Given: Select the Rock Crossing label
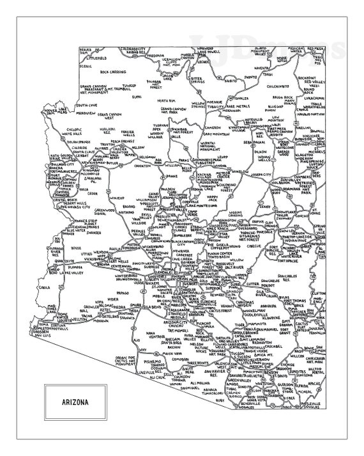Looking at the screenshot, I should [x=114, y=72].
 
